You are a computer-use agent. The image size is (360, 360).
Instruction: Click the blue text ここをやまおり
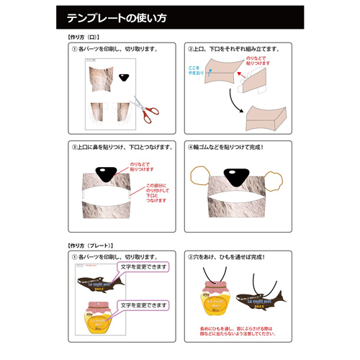pyautogui.click(x=195, y=69)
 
